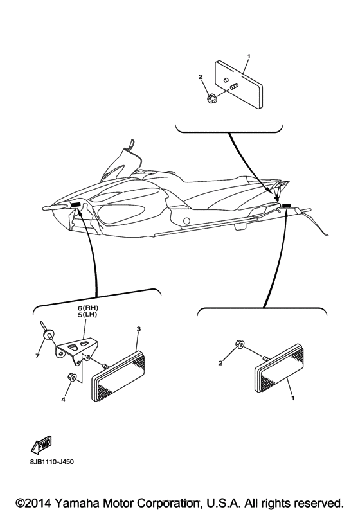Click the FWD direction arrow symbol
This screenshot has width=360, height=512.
click(x=41, y=443)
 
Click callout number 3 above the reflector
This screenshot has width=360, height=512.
click(x=138, y=329)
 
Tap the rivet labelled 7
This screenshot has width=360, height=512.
click(x=47, y=335)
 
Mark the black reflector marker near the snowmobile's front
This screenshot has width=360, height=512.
click(x=76, y=205)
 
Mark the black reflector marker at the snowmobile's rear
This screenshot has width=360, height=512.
click(x=287, y=206)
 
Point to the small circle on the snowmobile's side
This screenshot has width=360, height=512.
click(x=186, y=221)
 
